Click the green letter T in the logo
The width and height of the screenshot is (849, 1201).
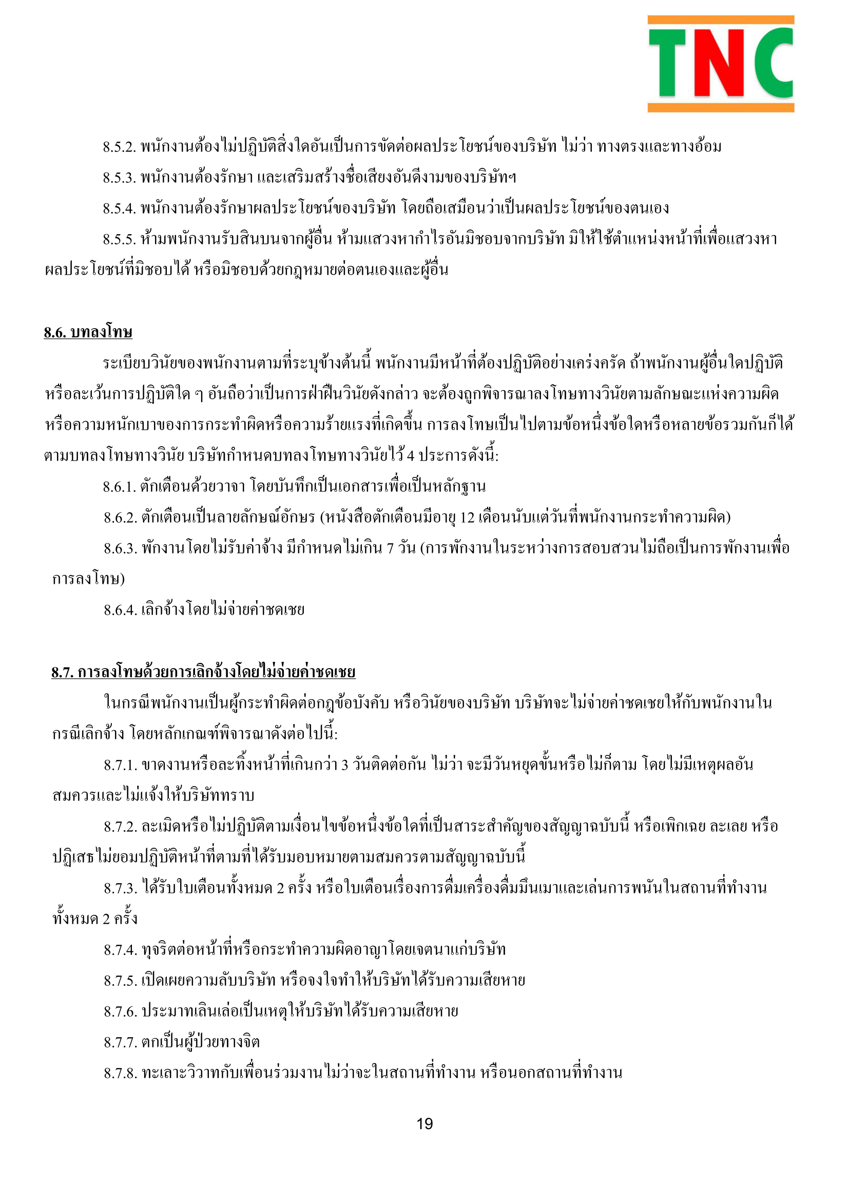click(668, 63)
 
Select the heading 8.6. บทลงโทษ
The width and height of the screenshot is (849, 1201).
click(88, 333)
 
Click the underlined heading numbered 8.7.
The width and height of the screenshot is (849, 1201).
click(203, 672)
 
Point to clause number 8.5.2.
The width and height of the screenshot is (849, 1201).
click(119, 147)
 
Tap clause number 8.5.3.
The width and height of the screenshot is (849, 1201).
click(119, 178)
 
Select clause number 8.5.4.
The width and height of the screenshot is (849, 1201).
click(119, 208)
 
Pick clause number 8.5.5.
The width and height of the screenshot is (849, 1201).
click(119, 240)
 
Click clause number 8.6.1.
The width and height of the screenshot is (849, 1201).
click(120, 487)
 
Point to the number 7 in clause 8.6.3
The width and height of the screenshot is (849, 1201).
click(390, 549)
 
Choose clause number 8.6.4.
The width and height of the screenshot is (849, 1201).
click(120, 611)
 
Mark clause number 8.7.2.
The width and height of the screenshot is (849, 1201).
click(120, 827)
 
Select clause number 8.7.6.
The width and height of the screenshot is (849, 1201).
click(120, 1012)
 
